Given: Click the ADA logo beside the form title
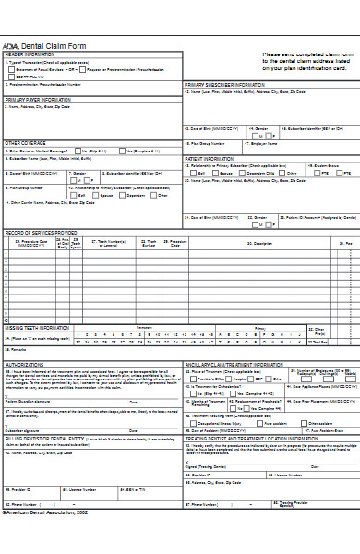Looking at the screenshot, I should pyautogui.click(x=10, y=46).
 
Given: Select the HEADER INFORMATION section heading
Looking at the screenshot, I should pyautogui.click(x=29, y=55).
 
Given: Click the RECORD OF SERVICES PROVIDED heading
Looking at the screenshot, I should pyautogui.click(x=41, y=231).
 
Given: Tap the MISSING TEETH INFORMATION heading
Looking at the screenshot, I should pyautogui.click(x=38, y=327).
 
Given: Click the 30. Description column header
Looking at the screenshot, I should pyautogui.click(x=262, y=243).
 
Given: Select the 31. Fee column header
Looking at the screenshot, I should pyautogui.click(x=347, y=243).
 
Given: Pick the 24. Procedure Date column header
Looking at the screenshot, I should pyautogui.click(x=37, y=243).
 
